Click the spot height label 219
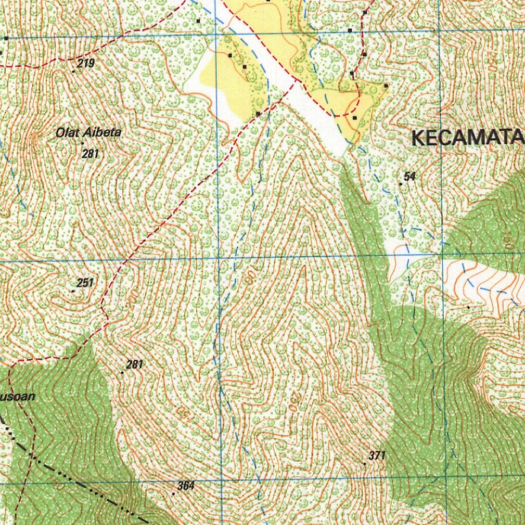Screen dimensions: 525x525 click(86, 64)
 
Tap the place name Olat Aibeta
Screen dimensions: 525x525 click(89, 133)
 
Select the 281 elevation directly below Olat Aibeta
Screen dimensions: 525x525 click(90, 153)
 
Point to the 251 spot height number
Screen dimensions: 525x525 click(85, 282)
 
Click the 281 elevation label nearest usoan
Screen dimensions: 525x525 click(134, 365)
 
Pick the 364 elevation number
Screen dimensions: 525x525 click(186, 486)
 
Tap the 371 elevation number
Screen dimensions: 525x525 click(377, 455)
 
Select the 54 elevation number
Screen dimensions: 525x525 click(409, 176)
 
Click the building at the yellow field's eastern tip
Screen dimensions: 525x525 click(386, 86)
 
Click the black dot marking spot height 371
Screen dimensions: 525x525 click(365, 463)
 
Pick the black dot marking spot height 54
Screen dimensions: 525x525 click(400, 184)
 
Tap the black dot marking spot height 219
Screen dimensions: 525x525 click(73, 72)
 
